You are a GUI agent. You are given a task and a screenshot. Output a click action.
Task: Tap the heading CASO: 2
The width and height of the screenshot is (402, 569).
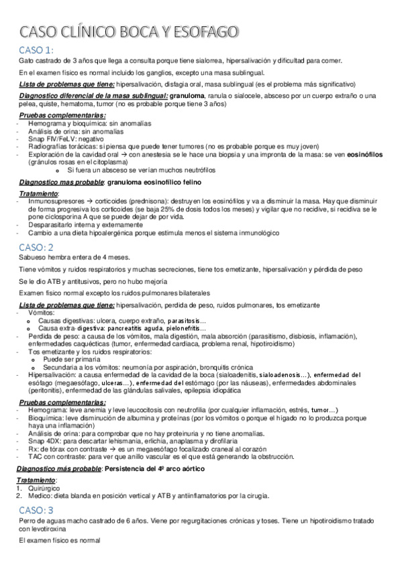pos(38,248)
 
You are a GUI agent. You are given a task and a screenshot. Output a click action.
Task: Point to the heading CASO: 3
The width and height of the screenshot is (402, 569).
pos(38,492)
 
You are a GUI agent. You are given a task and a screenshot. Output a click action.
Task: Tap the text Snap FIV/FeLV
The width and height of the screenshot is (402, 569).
pos(50,140)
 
